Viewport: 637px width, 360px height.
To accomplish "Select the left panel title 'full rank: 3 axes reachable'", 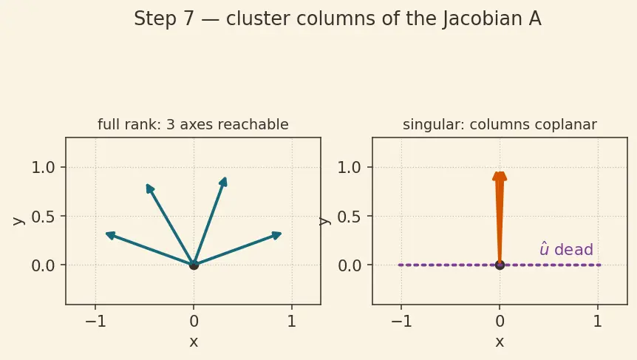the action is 193,124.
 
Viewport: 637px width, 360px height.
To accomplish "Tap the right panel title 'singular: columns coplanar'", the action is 500,124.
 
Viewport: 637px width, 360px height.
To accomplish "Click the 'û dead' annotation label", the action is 566,249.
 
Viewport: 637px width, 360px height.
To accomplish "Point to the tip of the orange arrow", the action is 500,172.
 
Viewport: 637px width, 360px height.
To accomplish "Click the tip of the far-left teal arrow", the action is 106,233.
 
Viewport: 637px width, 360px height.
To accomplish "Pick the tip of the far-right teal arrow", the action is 282,233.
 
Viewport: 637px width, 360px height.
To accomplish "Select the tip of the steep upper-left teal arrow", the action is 146,185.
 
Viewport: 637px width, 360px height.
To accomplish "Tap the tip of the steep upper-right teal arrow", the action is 225,177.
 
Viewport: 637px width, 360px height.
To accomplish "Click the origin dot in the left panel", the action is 194,265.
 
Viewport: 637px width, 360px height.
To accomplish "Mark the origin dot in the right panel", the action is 500,265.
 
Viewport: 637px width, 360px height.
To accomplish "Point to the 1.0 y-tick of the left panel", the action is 43,167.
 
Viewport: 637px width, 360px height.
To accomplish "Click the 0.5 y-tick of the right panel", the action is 350,217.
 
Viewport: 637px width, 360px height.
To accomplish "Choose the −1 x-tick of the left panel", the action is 95,322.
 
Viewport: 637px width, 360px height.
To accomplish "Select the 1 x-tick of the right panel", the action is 598,322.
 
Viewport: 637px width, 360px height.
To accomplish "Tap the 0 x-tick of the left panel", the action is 194,322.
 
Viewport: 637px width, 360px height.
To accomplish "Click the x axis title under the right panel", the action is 500,342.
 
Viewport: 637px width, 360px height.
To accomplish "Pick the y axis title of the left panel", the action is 18,220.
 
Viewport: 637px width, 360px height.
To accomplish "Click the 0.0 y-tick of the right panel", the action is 350,265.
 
